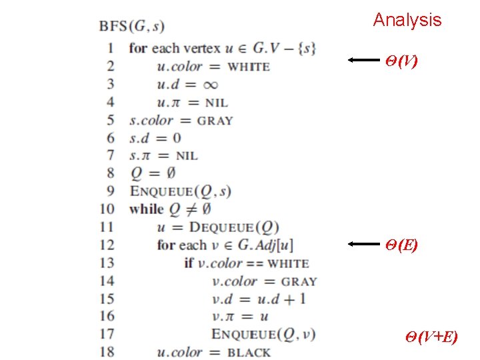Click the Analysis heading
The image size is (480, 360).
407,20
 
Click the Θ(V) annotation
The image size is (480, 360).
401,61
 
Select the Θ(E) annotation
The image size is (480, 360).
401,245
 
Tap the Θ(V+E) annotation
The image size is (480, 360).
431,337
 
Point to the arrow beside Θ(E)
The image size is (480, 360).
363,245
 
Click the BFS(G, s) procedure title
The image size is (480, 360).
132,27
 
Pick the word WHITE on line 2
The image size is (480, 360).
249,67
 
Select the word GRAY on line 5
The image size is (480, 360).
215,121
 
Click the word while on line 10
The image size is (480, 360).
146,209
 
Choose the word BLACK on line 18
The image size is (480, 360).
249,353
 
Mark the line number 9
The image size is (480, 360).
110,191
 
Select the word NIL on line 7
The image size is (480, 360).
187,156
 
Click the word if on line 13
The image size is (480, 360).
189,263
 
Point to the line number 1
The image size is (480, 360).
110,48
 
